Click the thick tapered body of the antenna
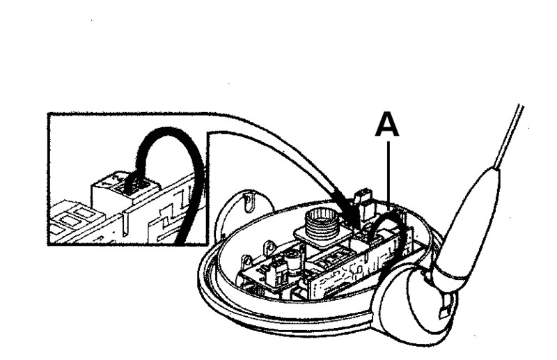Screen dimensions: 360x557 pyautogui.click(x=473, y=223)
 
